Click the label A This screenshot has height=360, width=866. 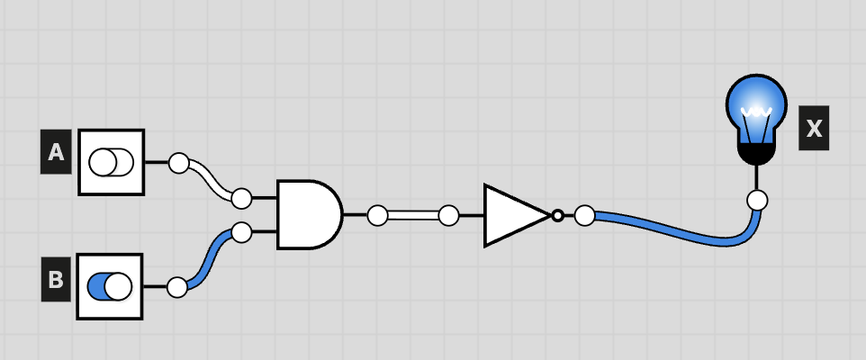[x=56, y=152]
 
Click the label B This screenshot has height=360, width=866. [x=56, y=280]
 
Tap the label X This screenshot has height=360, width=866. [x=814, y=128]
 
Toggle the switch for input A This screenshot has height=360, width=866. [x=111, y=162]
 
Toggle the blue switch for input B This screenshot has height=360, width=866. [x=110, y=286]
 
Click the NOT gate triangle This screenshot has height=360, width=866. [x=517, y=215]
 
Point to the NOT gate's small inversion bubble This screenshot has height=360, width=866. [x=558, y=215]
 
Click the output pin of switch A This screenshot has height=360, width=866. [x=178, y=163]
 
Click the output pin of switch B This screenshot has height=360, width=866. [x=177, y=287]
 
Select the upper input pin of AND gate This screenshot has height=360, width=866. [x=241, y=198]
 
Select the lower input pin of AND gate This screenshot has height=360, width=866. [x=241, y=232]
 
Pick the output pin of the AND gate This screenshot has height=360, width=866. [x=378, y=215]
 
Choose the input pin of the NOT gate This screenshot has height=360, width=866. [x=448, y=215]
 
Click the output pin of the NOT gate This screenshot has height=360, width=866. [x=585, y=215]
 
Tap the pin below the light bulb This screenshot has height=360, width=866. [x=757, y=200]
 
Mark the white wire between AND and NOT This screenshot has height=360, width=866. [x=413, y=215]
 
